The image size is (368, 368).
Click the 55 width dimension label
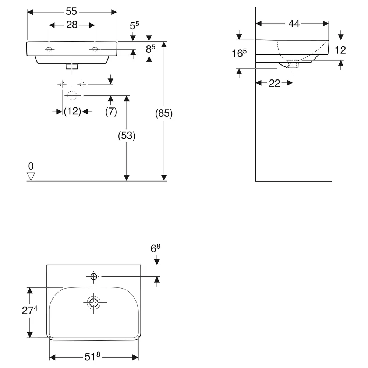coord(71,11)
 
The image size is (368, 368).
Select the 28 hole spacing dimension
coord(72,25)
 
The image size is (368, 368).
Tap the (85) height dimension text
coord(164,113)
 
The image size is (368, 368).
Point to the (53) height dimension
coord(127,136)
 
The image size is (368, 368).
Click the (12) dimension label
coord(72,111)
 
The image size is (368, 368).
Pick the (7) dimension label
coord(111,112)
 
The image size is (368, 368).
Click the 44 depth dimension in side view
coord(294,24)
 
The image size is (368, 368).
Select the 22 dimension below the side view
coord(275,83)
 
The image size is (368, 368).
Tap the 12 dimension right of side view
coord(340,50)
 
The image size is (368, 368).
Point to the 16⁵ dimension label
coord(239,53)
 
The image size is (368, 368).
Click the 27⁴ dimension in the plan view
coord(29,310)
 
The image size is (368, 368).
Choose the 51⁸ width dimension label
coord(92,357)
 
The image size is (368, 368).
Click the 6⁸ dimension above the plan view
coord(155,248)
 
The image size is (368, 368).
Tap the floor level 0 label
coord(31,166)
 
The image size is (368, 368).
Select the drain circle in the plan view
coord(93,302)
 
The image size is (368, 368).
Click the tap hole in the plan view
coord(93,277)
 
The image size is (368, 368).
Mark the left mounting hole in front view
coord(49,50)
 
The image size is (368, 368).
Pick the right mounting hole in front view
coord(95,49)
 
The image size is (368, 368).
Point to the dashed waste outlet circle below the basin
coord(72,96)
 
